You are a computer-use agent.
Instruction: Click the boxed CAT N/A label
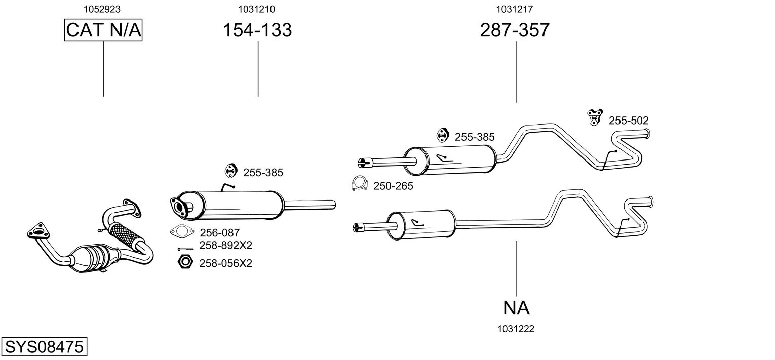[103, 30]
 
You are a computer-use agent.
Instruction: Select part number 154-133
[257, 30]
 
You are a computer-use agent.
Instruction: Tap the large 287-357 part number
[515, 30]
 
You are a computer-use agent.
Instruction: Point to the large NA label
[516, 308]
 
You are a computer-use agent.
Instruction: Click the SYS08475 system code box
[44, 346]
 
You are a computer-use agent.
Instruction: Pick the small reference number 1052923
[102, 9]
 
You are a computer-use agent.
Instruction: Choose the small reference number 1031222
[516, 329]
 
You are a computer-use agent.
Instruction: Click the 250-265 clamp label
[393, 186]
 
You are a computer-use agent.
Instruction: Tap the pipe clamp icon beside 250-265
[359, 184]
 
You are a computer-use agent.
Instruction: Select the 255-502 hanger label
[629, 121]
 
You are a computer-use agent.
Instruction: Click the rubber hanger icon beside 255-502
[595, 117]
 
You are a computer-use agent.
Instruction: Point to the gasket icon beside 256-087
[182, 231]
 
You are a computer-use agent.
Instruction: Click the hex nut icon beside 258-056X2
[185, 262]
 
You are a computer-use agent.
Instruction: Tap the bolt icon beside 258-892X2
[186, 249]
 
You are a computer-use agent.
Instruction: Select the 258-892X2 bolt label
[225, 246]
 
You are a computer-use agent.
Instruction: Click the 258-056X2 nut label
[225, 263]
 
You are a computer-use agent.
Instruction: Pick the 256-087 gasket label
[220, 233]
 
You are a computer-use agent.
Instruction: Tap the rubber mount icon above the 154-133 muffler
[230, 171]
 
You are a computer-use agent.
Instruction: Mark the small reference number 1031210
[256, 9]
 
